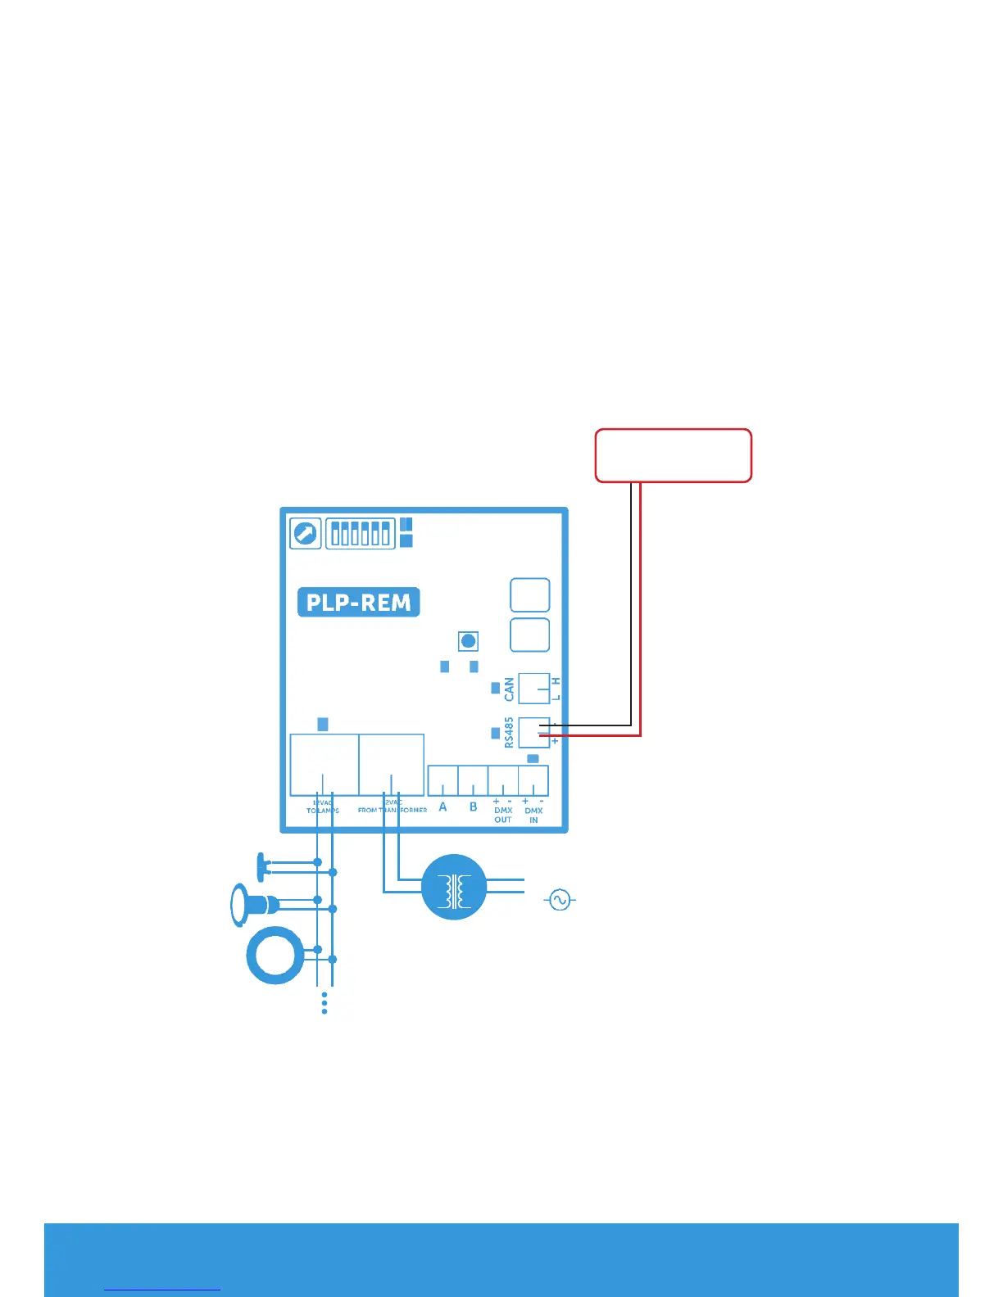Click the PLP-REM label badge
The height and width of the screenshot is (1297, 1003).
pyautogui.click(x=358, y=603)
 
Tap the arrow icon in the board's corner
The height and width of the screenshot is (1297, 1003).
pyautogui.click(x=306, y=534)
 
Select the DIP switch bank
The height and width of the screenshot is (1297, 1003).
pyautogui.click(x=361, y=534)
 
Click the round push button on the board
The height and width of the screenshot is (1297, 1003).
pyautogui.click(x=468, y=641)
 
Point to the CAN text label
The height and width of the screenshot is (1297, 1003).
pyautogui.click(x=510, y=689)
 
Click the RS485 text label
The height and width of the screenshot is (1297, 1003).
pyautogui.click(x=510, y=732)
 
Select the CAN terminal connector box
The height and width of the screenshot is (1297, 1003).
pyautogui.click(x=534, y=689)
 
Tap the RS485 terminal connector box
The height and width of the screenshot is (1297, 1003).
pyautogui.click(x=534, y=732)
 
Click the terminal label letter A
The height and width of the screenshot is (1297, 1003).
pyautogui.click(x=443, y=807)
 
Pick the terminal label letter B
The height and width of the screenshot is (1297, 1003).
pyautogui.click(x=473, y=807)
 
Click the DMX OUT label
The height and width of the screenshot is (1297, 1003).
pyautogui.click(x=503, y=814)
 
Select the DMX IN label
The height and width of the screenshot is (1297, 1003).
pyautogui.click(x=533, y=814)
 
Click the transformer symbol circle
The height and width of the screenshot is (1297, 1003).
pyautogui.click(x=454, y=888)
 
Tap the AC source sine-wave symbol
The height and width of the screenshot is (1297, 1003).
pyautogui.click(x=560, y=901)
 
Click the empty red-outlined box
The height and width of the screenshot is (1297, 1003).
pyautogui.click(x=673, y=455)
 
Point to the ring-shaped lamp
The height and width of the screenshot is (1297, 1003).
pyautogui.click(x=275, y=955)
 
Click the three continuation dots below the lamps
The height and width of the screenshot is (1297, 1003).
pyautogui.click(x=325, y=1003)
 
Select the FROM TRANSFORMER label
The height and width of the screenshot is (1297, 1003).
pyautogui.click(x=393, y=809)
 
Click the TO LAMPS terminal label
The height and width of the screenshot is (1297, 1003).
pyautogui.click(x=323, y=809)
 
